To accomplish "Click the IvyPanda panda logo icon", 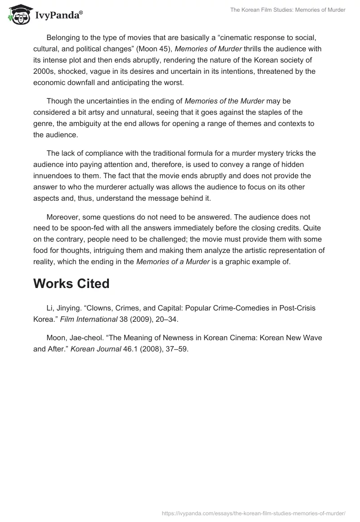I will click(18, 15).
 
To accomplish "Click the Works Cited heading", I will click(71, 283).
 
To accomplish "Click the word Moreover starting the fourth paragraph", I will click(63, 217).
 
